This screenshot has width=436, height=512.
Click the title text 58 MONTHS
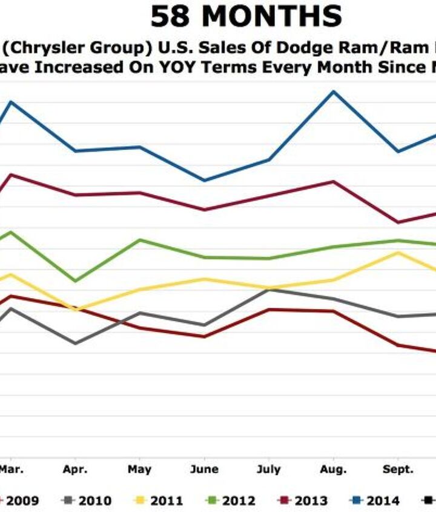click(x=246, y=17)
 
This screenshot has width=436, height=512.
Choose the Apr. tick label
click(x=75, y=470)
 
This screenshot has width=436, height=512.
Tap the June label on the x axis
click(x=204, y=470)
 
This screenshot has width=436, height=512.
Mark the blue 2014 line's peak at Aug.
click(x=332, y=91)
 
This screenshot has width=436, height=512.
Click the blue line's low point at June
click(x=204, y=181)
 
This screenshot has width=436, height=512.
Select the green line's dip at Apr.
click(x=75, y=281)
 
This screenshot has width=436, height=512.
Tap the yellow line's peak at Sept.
click(x=397, y=252)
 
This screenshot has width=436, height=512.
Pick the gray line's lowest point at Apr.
click(x=75, y=344)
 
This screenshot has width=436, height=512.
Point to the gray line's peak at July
click(x=268, y=290)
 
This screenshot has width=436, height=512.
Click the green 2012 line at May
click(x=140, y=240)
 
